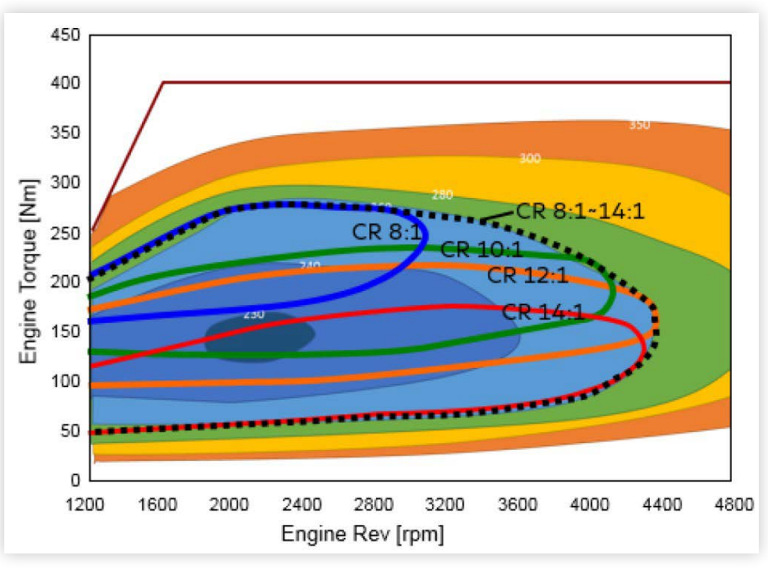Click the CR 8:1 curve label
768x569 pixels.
click(386, 233)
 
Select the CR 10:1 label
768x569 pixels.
click(481, 250)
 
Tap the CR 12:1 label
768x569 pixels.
click(527, 275)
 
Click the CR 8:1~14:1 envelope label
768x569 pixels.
click(581, 211)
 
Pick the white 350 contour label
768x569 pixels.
click(639, 125)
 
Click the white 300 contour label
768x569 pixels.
click(530, 159)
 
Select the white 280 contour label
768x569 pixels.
click(442, 195)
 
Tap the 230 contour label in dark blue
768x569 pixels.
click(254, 315)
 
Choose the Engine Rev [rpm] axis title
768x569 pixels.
click(362, 534)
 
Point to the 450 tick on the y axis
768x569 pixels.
click(67, 35)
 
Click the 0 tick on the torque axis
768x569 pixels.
click(76, 480)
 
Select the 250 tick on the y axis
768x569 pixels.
click(67, 233)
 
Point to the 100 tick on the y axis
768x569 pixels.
click(67, 381)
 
